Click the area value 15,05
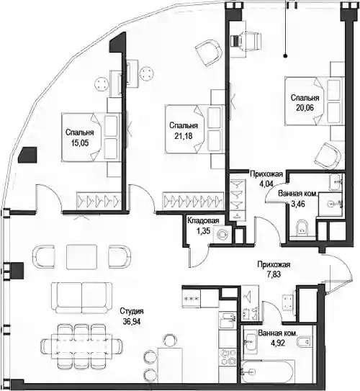80,143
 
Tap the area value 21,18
184,136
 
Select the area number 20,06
305,108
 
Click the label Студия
132,311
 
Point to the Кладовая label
203,220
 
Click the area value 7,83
274,274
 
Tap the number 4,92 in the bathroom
277,343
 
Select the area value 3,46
298,204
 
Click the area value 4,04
266,184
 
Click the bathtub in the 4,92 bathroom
266,372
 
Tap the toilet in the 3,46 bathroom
302,228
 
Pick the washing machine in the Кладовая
222,234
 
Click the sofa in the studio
82,297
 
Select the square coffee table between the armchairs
82,257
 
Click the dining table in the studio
82,346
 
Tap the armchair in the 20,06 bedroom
328,156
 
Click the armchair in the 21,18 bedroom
208,53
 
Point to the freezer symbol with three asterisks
192,298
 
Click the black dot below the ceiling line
286,56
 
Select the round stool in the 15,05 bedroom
102,84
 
